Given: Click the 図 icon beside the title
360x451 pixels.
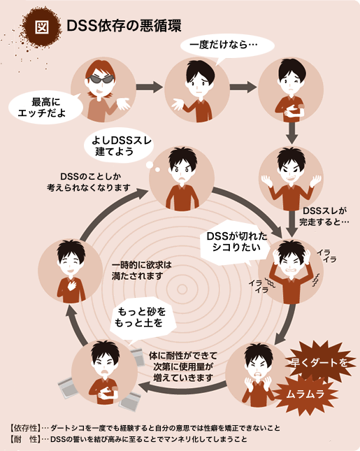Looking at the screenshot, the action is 43,27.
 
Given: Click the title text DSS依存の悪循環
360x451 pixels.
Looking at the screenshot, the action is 124,26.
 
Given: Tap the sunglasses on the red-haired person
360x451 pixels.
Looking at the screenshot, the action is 101,79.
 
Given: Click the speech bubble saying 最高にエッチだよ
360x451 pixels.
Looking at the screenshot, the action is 46,108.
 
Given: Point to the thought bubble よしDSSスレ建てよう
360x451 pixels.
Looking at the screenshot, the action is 119,146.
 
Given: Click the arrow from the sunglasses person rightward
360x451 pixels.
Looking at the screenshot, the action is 149,87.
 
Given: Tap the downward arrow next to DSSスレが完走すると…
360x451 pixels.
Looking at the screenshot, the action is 292,224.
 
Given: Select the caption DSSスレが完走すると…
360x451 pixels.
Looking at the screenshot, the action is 324,216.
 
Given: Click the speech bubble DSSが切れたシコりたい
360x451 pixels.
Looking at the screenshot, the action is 236,243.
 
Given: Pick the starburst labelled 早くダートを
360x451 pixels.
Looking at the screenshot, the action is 319,363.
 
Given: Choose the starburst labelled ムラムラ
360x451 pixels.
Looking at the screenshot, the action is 305,394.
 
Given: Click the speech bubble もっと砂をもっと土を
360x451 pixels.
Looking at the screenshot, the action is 142,320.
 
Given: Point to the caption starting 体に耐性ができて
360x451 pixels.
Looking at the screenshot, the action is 183,366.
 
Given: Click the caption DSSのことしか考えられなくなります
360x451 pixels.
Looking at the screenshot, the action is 89,182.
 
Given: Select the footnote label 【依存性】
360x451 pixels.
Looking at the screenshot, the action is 25,429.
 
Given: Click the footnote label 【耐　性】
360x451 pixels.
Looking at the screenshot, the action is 25,439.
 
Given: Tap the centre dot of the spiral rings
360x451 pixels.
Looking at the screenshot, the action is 182,289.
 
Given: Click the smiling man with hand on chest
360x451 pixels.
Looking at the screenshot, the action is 71,271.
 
